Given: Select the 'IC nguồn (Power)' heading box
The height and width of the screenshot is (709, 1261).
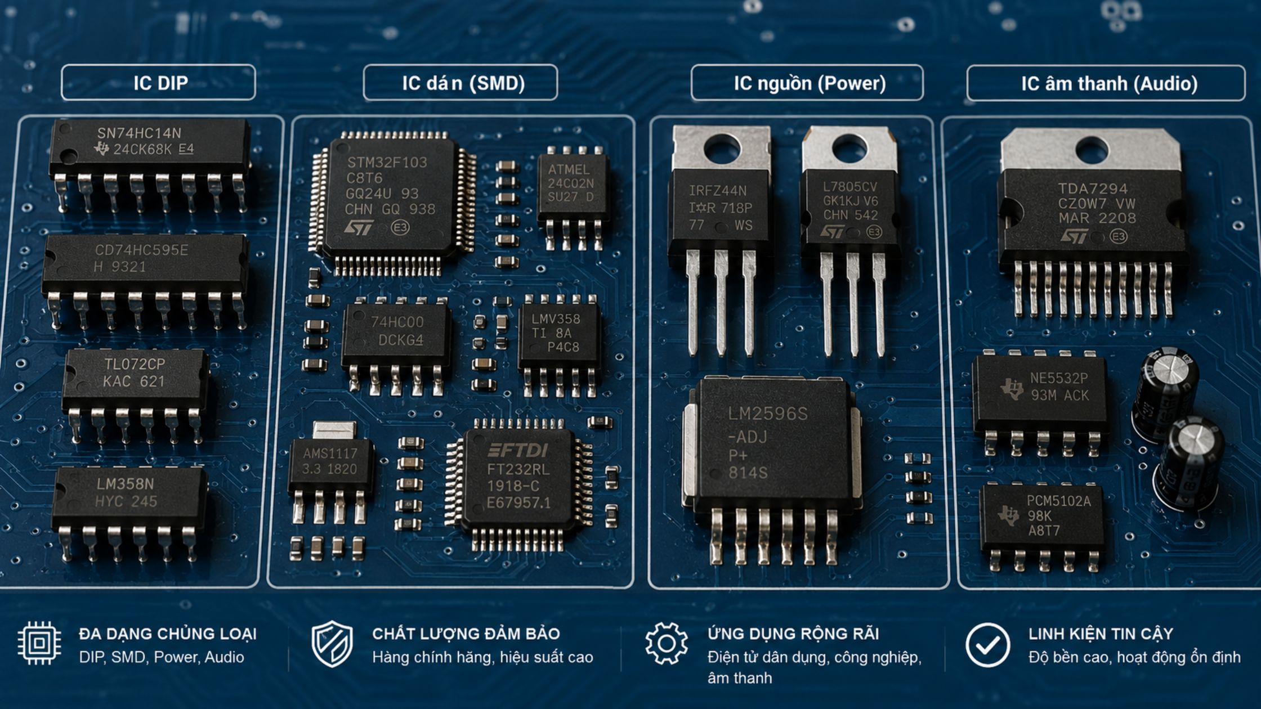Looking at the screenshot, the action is tap(807, 83).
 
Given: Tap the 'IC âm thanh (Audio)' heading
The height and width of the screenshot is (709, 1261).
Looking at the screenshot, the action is tap(1106, 83).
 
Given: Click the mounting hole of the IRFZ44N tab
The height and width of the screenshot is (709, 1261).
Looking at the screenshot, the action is tap(722, 149).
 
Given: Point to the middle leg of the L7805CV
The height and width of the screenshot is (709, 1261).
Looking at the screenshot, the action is tap(853, 304).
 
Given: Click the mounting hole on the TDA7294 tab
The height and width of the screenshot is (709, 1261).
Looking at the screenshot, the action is tap(1092, 150).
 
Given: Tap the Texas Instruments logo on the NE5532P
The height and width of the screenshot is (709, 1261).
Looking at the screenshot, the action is tap(1012, 388).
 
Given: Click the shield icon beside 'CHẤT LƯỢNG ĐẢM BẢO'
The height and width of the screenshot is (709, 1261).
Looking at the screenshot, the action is tap(332, 644).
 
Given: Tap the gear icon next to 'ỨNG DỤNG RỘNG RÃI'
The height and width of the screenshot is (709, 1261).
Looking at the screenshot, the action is tap(667, 643).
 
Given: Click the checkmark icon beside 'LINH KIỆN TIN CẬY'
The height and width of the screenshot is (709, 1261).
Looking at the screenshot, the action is tap(987, 645).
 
